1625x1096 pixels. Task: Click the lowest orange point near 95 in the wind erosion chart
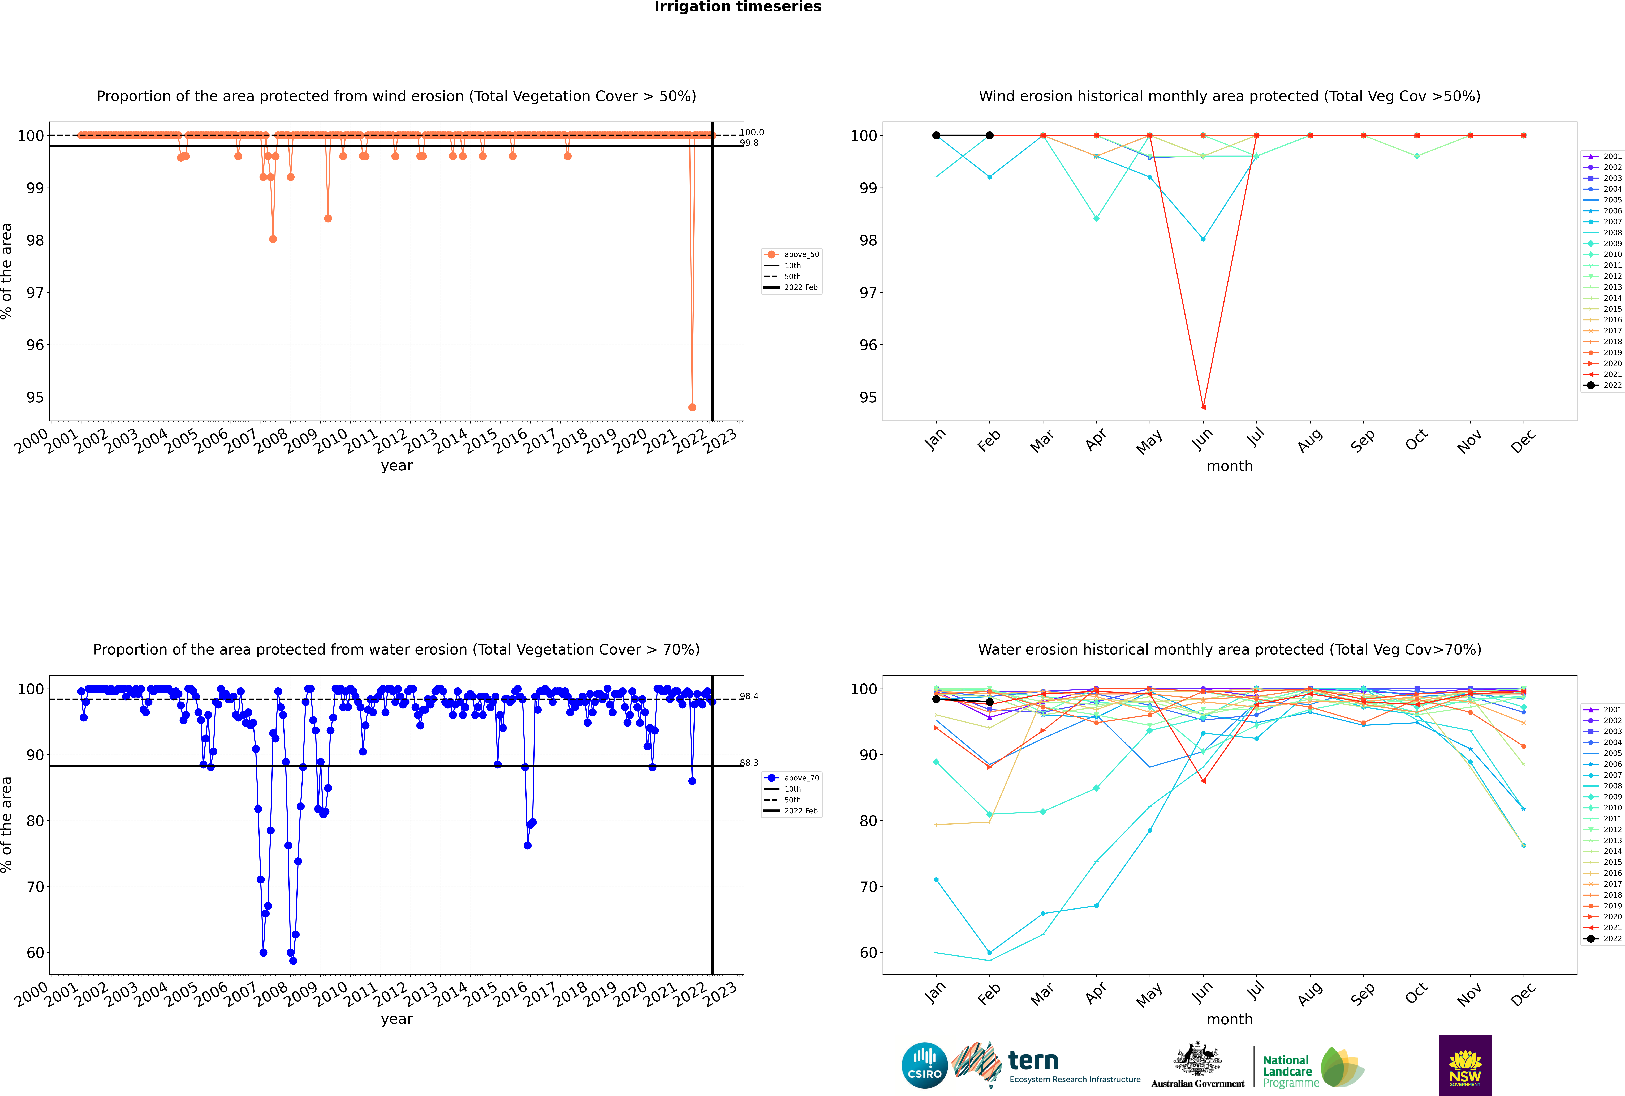pos(692,407)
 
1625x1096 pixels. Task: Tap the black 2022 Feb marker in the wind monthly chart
pos(989,136)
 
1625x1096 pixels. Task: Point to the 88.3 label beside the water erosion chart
pos(749,763)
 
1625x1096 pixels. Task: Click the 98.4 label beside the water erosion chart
pos(749,696)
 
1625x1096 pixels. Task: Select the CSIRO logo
pos(924,1065)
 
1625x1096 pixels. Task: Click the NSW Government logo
pos(1465,1065)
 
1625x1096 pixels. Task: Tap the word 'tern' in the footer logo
pos(1033,1061)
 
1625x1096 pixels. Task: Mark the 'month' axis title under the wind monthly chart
pos(1230,466)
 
